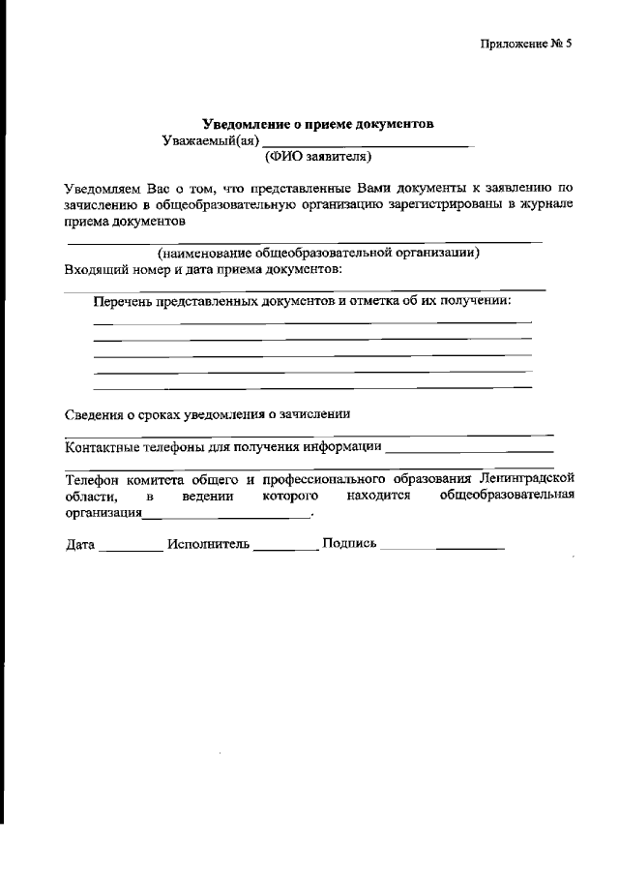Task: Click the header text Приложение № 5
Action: point(526,45)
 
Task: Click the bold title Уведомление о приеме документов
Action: point(318,124)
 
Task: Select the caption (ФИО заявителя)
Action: point(318,156)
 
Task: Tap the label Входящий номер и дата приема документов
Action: point(204,268)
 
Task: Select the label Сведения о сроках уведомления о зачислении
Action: point(207,414)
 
